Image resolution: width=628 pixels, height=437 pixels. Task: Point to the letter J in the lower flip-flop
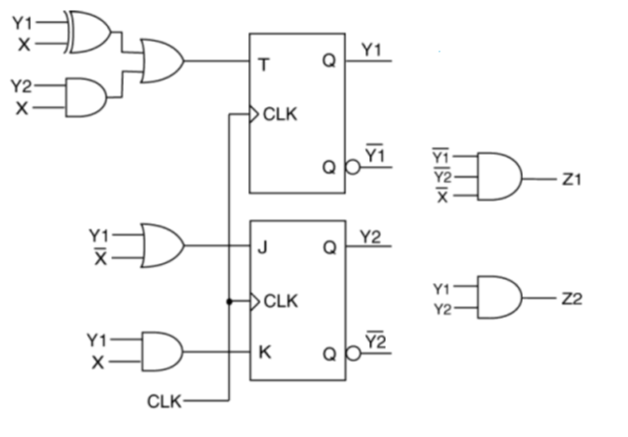[264, 244]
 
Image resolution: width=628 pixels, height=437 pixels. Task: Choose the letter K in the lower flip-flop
[264, 351]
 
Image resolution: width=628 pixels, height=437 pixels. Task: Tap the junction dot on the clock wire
[229, 300]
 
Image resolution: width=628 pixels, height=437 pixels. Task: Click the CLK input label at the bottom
[164, 401]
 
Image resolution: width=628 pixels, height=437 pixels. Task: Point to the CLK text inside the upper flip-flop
[280, 115]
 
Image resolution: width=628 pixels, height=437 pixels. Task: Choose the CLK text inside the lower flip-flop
[280, 301]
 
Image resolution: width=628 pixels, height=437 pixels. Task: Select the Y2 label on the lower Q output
[372, 235]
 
